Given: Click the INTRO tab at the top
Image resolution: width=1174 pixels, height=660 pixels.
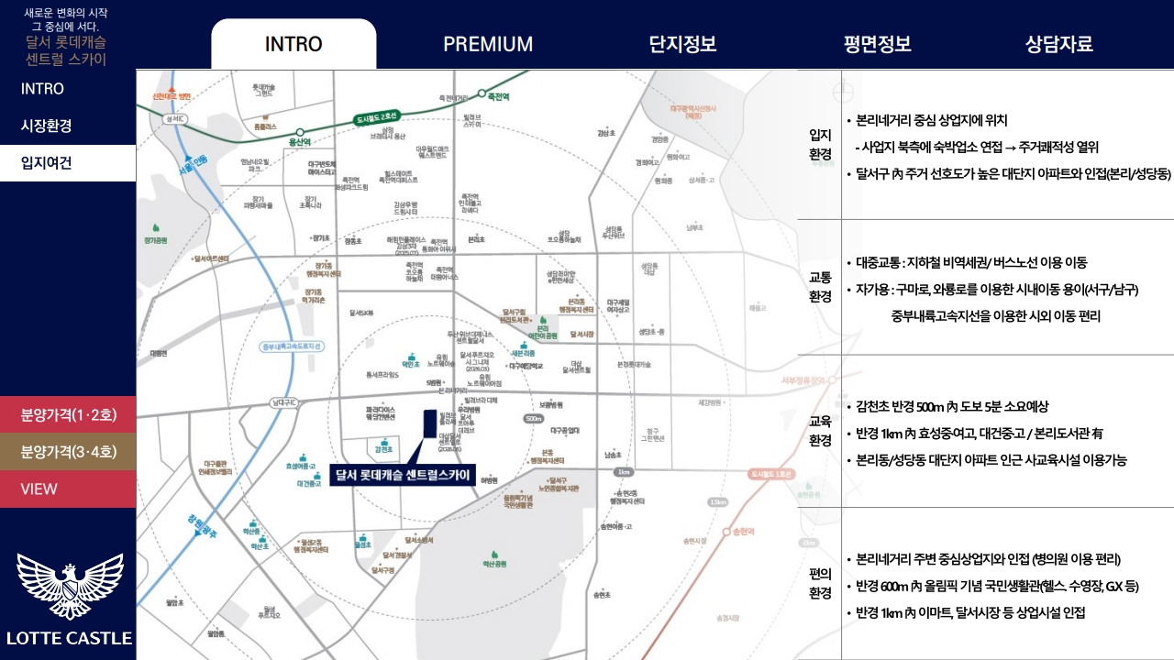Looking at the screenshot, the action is pos(293,44).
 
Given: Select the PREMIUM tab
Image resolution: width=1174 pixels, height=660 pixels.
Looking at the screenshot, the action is pos(488,44).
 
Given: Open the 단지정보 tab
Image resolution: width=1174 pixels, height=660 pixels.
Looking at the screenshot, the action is pos(682,44).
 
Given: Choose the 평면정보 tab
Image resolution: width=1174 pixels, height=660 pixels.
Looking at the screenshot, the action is pos(878,44).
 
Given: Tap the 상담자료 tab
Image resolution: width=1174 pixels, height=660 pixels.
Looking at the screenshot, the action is pos(1059,44).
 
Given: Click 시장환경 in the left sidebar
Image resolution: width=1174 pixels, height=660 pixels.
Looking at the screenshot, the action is pos(47,126).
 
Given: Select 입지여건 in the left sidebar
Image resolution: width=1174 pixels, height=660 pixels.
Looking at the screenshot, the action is pos(47,163).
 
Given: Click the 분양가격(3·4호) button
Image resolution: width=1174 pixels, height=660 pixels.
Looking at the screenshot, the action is pos(68,451).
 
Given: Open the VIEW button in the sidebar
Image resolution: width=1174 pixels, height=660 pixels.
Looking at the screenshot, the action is pos(39,489).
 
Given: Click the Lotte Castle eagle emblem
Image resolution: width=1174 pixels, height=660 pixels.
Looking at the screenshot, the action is pos(70,586).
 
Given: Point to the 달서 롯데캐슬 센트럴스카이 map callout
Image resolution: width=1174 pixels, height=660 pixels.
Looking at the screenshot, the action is pos(403,475).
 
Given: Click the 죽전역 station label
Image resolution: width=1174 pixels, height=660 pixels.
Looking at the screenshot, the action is pos(498,95).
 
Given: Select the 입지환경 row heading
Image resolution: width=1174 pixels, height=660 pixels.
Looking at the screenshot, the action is pos(820,145).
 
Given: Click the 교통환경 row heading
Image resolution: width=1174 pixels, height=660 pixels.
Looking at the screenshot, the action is pos(820,286).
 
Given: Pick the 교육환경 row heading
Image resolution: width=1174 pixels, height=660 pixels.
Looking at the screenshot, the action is pos(820,431).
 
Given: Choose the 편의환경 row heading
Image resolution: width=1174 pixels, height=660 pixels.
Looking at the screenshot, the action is pos(820,583).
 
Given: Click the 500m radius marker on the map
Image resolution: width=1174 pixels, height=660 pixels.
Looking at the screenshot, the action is pos(534,419).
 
